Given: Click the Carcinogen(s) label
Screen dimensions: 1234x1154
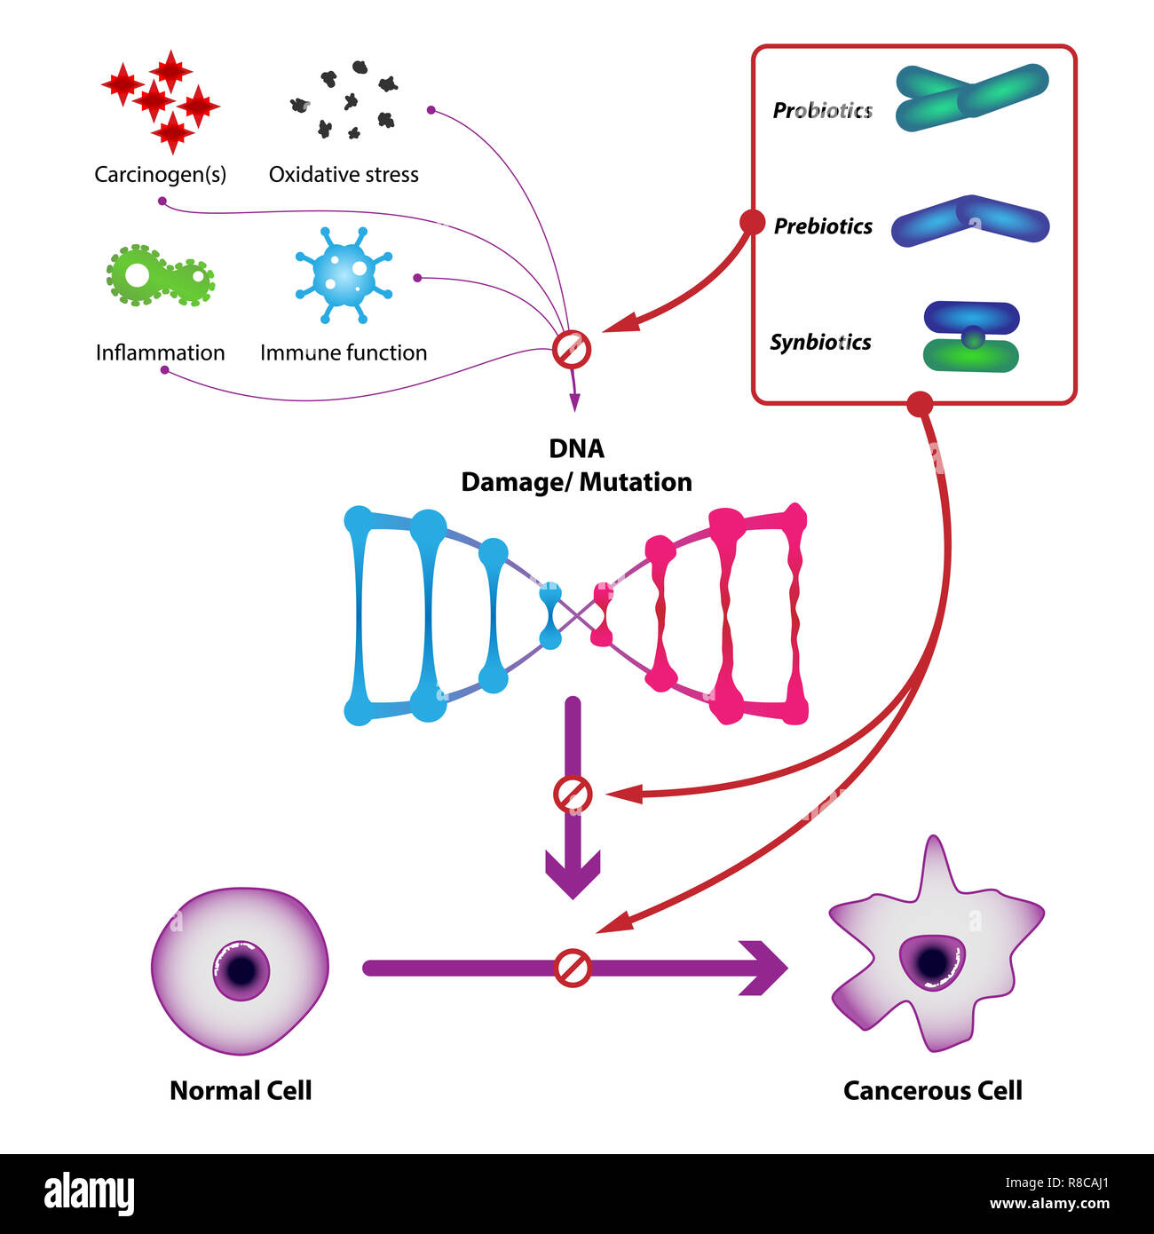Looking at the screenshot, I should (x=160, y=174).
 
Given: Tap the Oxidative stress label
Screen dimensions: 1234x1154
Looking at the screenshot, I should (x=344, y=174).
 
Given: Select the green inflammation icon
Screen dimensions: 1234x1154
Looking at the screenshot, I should (x=160, y=276).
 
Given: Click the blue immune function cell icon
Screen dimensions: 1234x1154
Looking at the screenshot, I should (x=344, y=275).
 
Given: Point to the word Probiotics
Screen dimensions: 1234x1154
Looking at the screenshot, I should (x=822, y=110).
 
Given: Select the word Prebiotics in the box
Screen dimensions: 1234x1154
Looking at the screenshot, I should (x=823, y=226).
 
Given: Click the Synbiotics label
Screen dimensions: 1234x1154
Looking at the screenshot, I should (x=820, y=343).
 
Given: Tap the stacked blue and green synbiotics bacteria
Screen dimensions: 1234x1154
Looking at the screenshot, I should (x=971, y=337).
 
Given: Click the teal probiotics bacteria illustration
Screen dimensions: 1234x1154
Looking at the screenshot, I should (x=971, y=98).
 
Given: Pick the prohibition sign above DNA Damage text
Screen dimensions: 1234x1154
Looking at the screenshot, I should (x=571, y=349).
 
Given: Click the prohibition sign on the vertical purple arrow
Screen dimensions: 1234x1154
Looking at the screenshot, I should (x=573, y=795).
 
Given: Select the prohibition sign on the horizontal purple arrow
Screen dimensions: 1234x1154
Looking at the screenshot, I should (x=573, y=968).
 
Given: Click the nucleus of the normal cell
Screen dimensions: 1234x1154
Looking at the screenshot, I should (x=241, y=969).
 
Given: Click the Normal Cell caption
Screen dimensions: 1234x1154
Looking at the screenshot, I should (x=241, y=1090).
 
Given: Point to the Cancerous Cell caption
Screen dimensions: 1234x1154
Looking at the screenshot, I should (x=932, y=1090).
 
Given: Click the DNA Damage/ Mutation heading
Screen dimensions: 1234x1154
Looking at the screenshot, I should (x=576, y=465).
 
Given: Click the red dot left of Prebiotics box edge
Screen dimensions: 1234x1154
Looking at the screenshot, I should (x=752, y=222).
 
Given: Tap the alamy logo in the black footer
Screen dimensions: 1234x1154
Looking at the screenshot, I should (x=90, y=1193).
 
